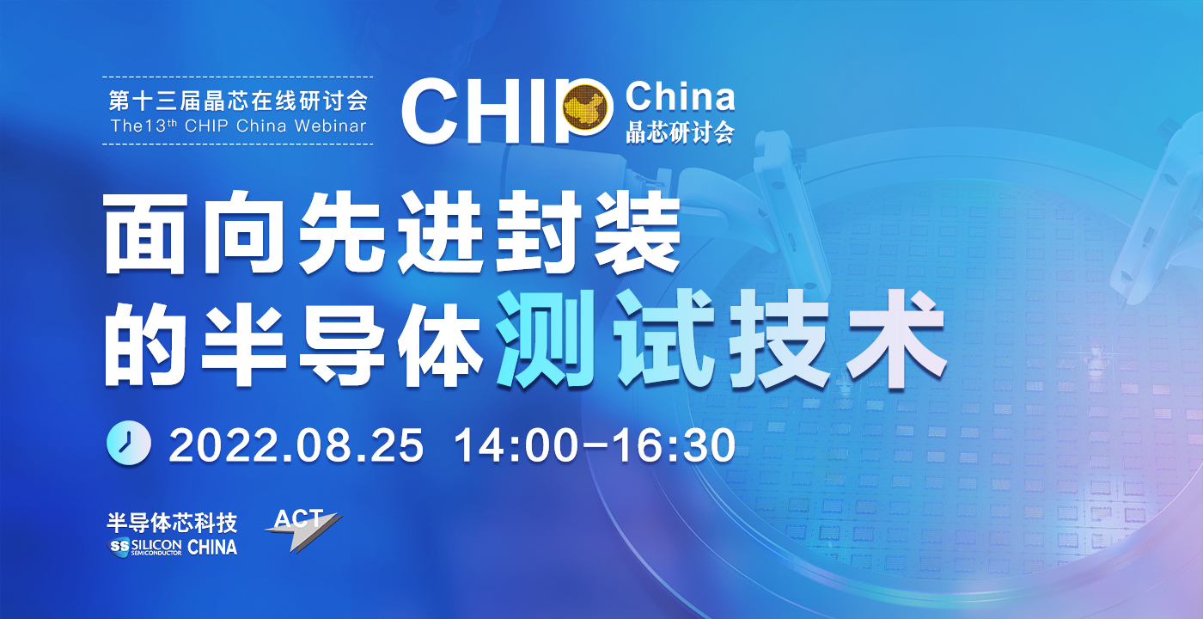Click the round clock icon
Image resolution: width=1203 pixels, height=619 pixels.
coord(128,443)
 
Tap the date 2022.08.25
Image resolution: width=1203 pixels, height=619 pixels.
coord(296,445)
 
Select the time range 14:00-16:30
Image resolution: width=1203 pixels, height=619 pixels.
coord(595,445)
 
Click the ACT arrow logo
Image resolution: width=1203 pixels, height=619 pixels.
coord(302,530)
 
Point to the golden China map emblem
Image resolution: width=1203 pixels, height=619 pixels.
coord(588,106)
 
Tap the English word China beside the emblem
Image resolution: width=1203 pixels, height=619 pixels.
coord(680,96)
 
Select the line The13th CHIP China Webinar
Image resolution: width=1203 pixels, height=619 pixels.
coord(238,126)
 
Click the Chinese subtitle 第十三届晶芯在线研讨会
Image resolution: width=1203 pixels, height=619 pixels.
coord(238,101)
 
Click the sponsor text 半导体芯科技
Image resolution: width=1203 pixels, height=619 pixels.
coord(172,523)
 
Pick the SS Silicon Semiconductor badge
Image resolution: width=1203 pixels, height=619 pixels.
coord(145,547)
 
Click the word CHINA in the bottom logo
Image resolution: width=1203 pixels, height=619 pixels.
coord(212,547)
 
